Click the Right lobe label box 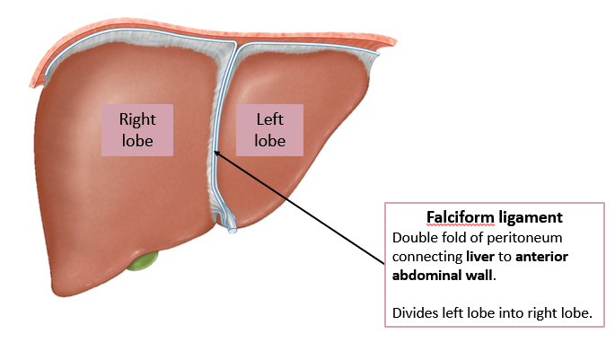click(x=137, y=129)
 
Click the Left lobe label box click(x=269, y=129)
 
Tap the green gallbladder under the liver click(x=142, y=262)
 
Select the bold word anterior click(x=541, y=257)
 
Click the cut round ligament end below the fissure click(x=233, y=230)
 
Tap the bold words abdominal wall click(x=443, y=275)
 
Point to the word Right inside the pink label click(x=137, y=119)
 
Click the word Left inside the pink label click(x=269, y=119)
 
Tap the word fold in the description click(x=454, y=238)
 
